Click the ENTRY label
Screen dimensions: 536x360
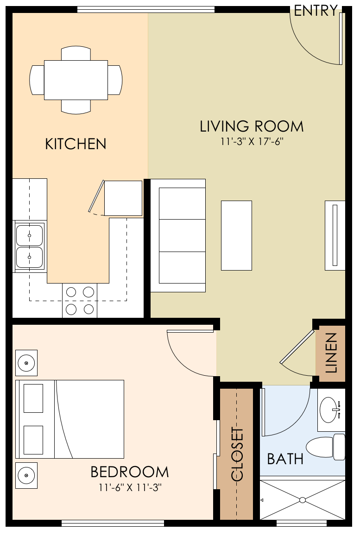[x=316, y=11]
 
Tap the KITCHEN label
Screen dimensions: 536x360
[x=76, y=144]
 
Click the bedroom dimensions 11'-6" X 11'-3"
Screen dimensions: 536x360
[x=129, y=487]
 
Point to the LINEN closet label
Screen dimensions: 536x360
[x=331, y=353]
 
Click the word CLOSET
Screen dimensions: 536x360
[x=237, y=455]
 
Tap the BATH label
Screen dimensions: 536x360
[x=285, y=459]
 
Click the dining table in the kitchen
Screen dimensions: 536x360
[x=76, y=80]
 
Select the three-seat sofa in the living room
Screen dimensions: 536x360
[x=178, y=235]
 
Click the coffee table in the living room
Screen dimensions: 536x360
[x=236, y=235]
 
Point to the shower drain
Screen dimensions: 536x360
[x=302, y=500]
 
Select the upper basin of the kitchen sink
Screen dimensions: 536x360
[x=29, y=235]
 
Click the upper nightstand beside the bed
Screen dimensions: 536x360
[x=26, y=363]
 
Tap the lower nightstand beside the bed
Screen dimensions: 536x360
[x=26, y=475]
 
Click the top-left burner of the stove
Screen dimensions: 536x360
[x=71, y=292]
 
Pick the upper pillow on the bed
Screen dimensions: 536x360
[x=33, y=398]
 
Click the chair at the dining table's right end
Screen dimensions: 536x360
[x=115, y=80]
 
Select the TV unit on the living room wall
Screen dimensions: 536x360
[x=335, y=235]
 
